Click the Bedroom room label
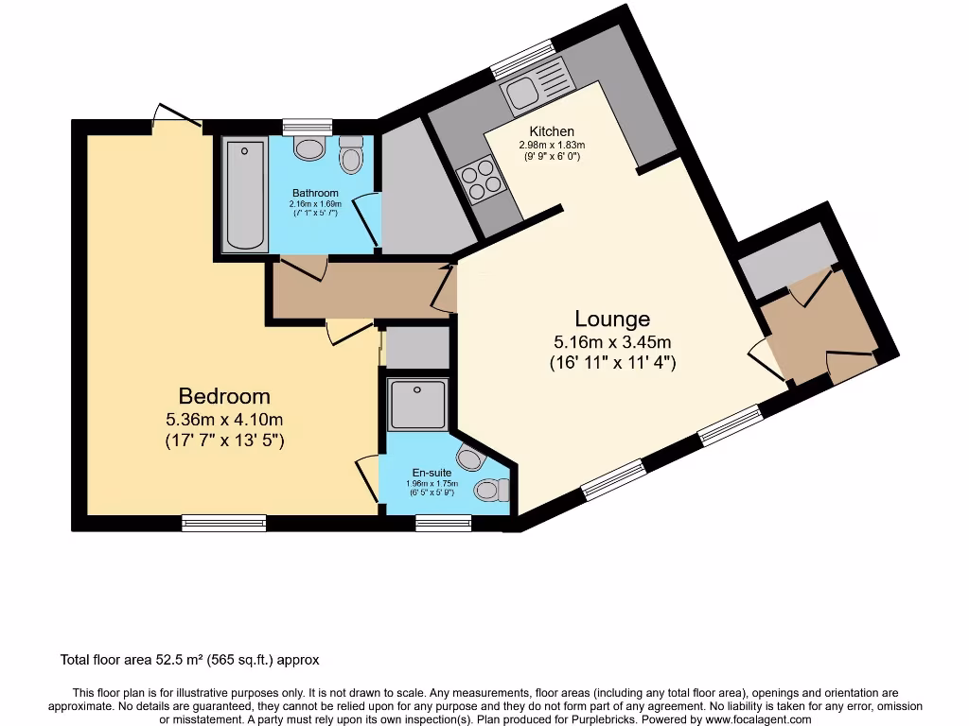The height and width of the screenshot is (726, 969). (x=225, y=396)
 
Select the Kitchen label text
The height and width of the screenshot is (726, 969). (x=552, y=131)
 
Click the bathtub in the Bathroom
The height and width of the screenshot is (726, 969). (x=244, y=196)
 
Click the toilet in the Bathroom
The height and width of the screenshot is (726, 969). (x=351, y=155)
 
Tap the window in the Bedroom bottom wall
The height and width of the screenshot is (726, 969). (x=223, y=522)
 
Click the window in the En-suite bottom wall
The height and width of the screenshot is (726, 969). (x=443, y=523)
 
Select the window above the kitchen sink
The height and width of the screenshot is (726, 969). (x=521, y=60)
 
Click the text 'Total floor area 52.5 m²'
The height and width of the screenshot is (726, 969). (x=141, y=660)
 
